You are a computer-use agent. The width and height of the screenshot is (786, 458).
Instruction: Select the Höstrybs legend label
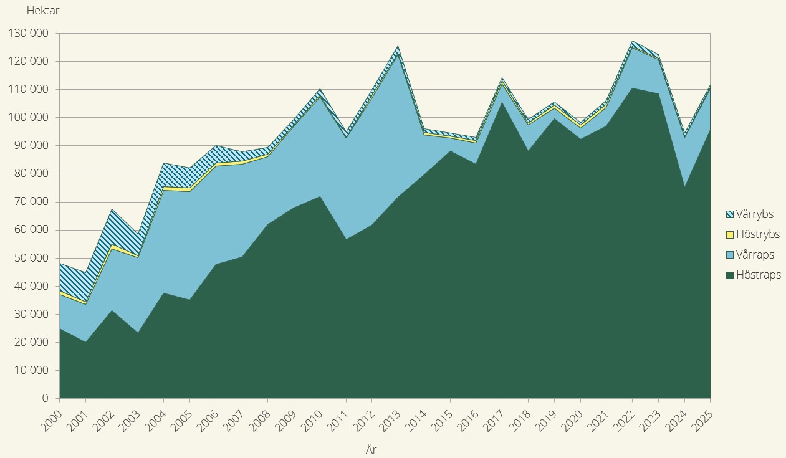pos(757,234)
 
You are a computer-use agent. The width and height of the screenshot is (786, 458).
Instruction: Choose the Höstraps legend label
pos(758,275)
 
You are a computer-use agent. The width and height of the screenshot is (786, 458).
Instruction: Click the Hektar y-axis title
pos(43,11)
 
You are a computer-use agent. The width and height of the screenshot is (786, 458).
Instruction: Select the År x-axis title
pos(371,449)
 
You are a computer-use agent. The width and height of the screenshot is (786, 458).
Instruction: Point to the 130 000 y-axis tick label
pos(30,34)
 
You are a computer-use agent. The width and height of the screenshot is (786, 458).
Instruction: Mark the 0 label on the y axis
pos(46,399)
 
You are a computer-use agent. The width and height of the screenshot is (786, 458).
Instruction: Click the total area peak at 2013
pos(398,46)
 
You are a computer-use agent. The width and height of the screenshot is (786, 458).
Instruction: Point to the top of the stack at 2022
pos(632,41)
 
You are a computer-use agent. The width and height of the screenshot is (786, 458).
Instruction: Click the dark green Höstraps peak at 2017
pos(502,102)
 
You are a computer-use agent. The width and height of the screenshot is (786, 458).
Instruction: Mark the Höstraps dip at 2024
pos(684,186)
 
